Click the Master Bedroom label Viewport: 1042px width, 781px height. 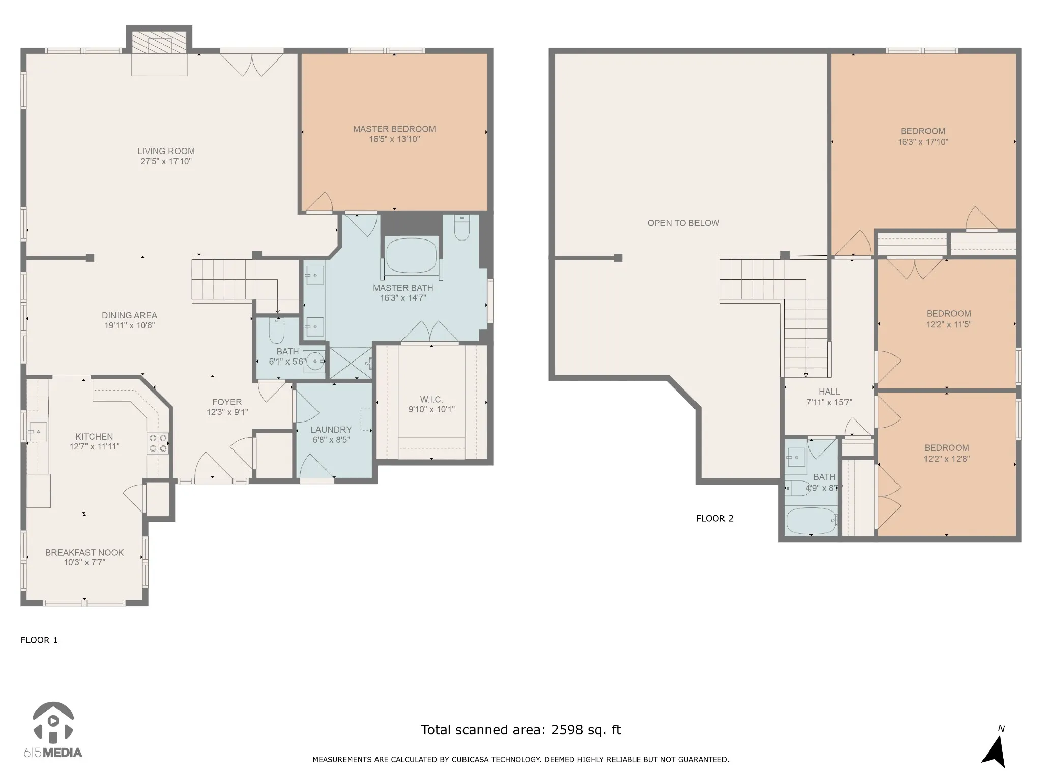(394, 129)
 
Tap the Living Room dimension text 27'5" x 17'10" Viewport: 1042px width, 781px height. (166, 162)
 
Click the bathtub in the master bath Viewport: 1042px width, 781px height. (411, 256)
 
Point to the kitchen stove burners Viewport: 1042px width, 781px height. (158, 443)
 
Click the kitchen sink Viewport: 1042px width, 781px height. (38, 432)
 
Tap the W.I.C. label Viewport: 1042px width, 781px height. (431, 400)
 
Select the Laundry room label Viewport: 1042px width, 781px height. (331, 430)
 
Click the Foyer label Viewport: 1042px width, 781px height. (227, 402)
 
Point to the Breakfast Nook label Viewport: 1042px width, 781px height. (84, 553)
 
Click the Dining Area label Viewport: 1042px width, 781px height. (129, 315)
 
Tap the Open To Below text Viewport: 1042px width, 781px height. (683, 223)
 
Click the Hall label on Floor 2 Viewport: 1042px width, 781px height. (829, 392)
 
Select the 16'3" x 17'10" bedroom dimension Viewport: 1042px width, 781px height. (923, 142)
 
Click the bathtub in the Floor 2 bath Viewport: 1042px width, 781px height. (811, 521)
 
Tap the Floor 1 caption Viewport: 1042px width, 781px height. (39, 640)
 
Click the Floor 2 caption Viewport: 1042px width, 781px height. (715, 519)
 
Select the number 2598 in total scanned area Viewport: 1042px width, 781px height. (567, 730)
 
